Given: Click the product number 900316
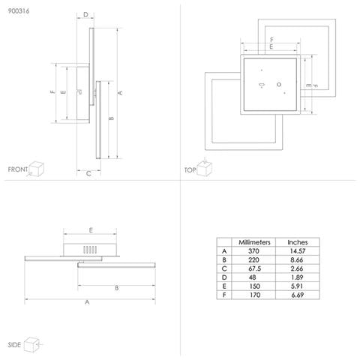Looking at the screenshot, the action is tap(19, 11).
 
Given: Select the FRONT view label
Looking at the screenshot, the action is tap(18, 169).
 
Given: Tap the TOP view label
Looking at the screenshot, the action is tap(190, 170).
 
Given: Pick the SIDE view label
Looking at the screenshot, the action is tap(14, 345).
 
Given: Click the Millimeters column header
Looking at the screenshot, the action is tap(254, 242).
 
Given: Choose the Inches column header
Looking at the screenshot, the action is tap(298, 242).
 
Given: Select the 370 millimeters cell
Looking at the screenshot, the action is tap(253, 251).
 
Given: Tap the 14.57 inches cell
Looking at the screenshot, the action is tap(298, 251).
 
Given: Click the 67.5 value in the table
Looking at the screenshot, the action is tap(255, 268).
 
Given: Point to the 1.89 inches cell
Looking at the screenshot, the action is tap(297, 277).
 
